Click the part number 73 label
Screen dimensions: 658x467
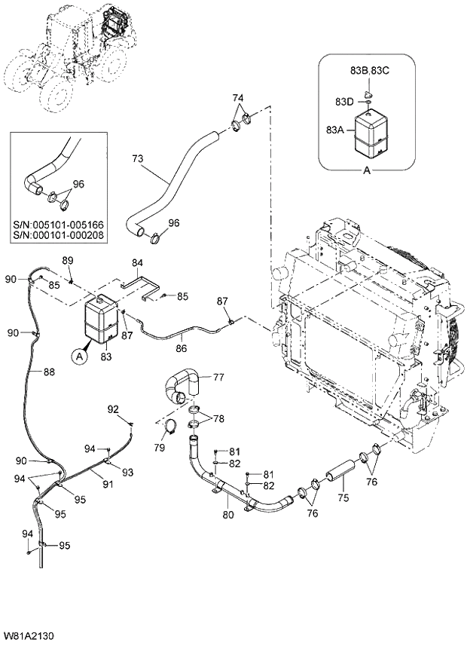coord(137,160)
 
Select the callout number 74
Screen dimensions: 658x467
coord(238,98)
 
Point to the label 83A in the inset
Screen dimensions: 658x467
coord(335,130)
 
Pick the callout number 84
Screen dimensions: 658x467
coord(137,263)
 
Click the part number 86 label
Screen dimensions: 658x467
coord(182,349)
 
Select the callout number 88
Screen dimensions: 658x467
coord(48,372)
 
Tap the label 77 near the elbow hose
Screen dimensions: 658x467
coord(218,378)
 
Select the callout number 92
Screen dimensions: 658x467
coord(113,409)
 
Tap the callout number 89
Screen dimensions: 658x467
coord(67,260)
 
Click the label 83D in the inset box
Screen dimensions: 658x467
coord(344,101)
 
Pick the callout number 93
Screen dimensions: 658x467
coord(128,472)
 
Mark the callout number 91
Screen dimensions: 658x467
coord(108,485)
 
